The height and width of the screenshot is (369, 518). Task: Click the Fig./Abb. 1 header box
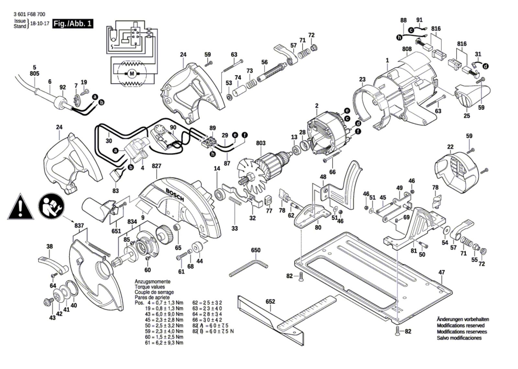[x=73, y=24]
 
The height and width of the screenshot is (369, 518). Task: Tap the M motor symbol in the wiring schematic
[x=131, y=74]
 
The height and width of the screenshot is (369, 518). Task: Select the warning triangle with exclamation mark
[x=20, y=207]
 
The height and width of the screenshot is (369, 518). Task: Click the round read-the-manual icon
[x=51, y=207]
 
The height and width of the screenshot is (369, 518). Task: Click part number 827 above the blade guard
[x=156, y=166]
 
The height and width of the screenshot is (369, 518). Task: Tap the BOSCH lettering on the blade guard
[x=175, y=194]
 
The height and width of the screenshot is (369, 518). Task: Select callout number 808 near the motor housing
[x=407, y=49]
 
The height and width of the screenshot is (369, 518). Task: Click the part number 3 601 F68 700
[x=29, y=14]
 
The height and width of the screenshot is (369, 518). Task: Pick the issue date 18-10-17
[x=39, y=24]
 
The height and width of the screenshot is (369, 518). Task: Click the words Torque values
[x=150, y=287]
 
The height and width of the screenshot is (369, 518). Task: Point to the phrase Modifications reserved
[x=461, y=325]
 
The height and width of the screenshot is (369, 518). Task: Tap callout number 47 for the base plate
[x=442, y=272]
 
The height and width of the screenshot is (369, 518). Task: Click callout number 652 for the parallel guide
[x=270, y=301]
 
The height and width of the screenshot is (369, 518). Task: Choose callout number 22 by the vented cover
[x=450, y=147]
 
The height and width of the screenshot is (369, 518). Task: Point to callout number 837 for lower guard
[x=79, y=226]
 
